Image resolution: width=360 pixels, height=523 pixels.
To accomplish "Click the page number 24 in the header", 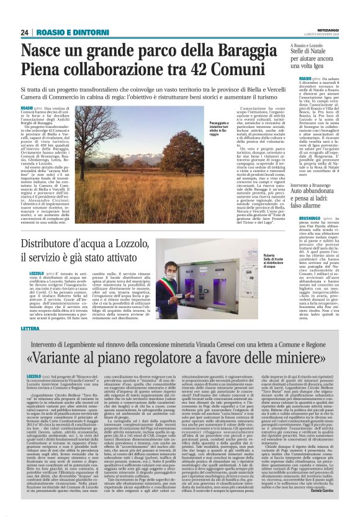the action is tap(25, 32).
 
